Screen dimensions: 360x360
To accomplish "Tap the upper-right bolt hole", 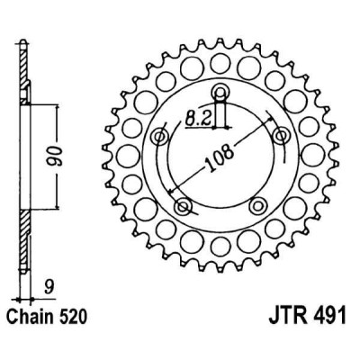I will (279, 135).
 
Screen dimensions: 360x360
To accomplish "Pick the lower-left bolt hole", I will (184, 206).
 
